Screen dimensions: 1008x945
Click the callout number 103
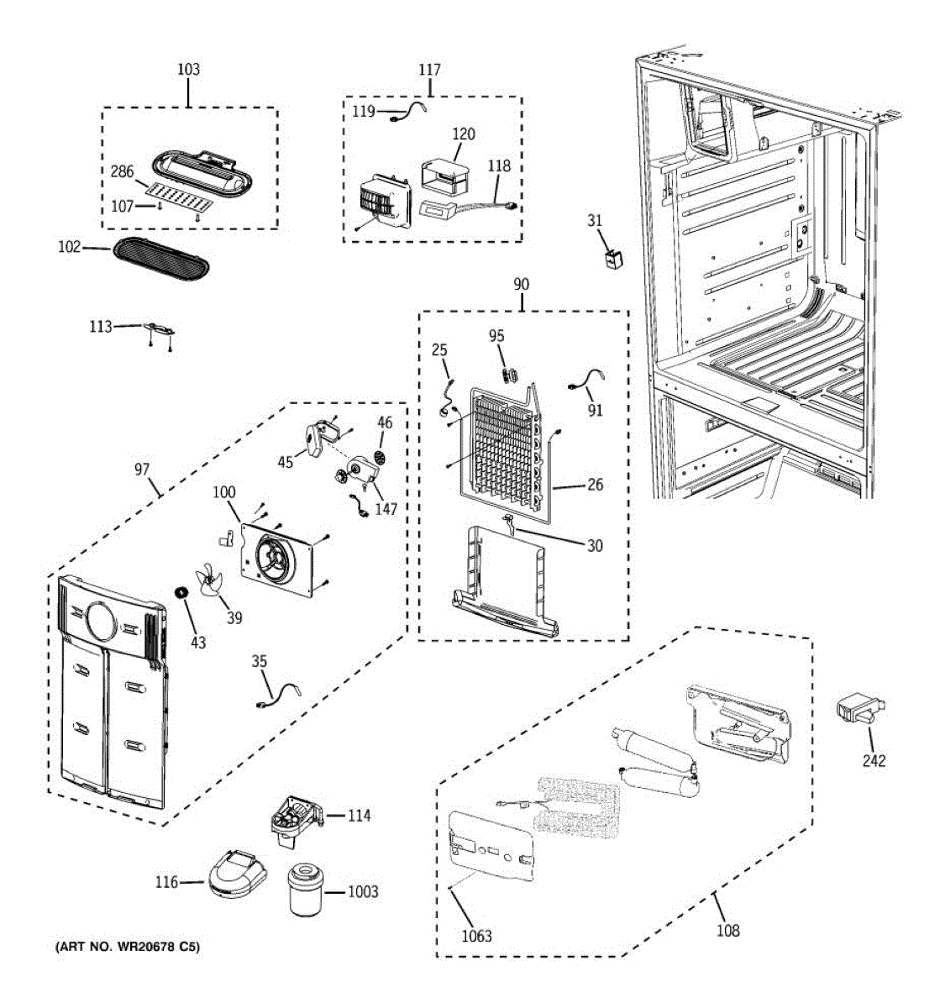188,69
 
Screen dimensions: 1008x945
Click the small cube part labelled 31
614,257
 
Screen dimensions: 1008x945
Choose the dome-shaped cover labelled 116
236,875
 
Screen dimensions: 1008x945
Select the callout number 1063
477,936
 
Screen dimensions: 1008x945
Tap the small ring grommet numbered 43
180,595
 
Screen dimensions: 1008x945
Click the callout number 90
521,285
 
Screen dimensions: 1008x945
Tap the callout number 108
728,930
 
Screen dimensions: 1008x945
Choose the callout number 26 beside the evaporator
595,485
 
